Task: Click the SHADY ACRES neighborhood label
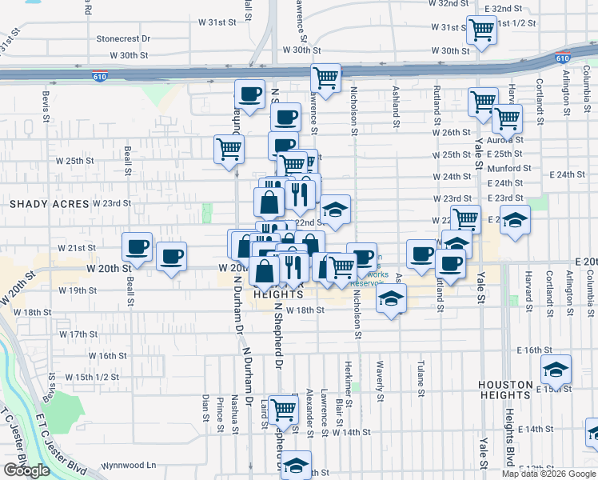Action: click(48, 204)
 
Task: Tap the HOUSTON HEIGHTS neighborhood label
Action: click(516, 390)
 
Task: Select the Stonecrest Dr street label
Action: click(123, 38)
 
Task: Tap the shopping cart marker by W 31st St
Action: click(480, 30)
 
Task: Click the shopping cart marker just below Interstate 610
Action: click(325, 78)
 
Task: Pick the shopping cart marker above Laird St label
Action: click(283, 409)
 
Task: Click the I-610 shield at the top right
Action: click(562, 58)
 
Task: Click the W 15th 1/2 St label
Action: click(92, 377)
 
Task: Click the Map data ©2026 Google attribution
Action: click(548, 474)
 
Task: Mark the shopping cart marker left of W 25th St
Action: click(229, 149)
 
